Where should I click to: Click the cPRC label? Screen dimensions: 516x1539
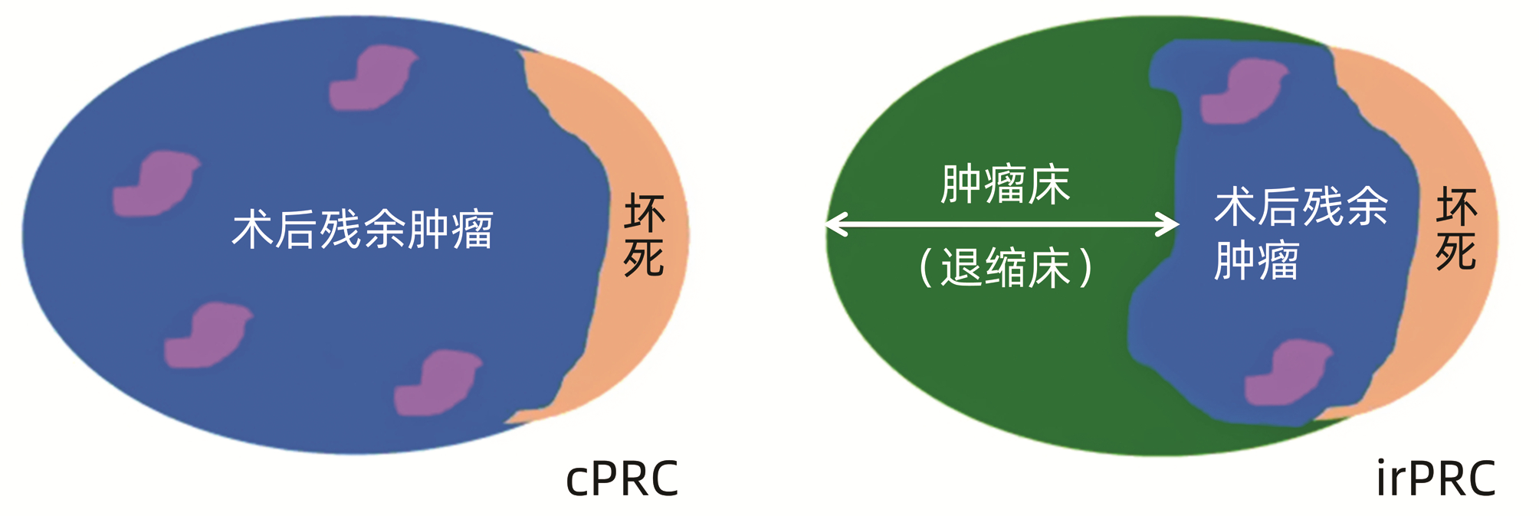click(622, 479)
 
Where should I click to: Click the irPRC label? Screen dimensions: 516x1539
click(1436, 479)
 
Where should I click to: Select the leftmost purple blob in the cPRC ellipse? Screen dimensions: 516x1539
click(156, 184)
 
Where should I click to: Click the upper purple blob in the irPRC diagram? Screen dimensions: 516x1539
click(1243, 92)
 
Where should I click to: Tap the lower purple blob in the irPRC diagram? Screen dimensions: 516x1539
click(1288, 374)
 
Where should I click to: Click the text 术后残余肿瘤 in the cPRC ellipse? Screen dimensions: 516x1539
click(363, 230)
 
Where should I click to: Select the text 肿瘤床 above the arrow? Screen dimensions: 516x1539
click(1005, 185)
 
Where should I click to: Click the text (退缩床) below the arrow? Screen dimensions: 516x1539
click(1005, 268)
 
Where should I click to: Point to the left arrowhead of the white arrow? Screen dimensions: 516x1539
click(835, 224)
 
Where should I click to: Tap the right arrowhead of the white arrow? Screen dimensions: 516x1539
click(1170, 224)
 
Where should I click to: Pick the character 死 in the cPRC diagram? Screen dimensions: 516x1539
click(644, 258)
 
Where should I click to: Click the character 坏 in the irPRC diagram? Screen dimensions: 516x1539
click(1455, 207)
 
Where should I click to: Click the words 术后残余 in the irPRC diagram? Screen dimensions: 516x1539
click(1301, 207)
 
